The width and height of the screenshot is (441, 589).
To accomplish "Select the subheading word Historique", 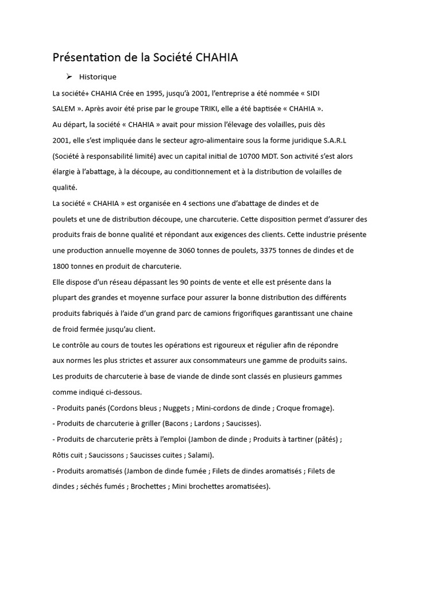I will point(98,77).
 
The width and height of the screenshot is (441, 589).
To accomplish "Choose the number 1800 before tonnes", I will point(61,266).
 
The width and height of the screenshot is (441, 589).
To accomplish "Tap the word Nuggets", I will point(176,408).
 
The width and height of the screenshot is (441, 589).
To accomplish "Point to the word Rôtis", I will point(61,455).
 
